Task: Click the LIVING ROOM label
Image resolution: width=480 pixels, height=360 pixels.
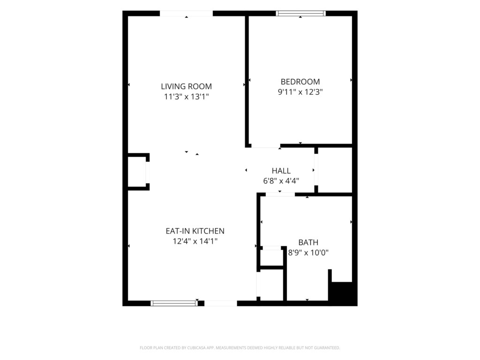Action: (x=186, y=86)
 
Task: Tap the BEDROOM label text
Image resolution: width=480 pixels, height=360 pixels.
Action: (x=300, y=82)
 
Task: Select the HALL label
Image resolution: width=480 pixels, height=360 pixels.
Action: (x=281, y=171)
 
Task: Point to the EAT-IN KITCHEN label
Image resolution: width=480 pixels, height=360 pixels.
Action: (x=195, y=231)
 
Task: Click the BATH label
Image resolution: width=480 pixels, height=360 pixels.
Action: (x=308, y=242)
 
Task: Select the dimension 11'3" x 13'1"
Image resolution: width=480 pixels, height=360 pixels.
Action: (x=186, y=97)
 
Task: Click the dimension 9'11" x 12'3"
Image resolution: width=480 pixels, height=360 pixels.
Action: (x=300, y=92)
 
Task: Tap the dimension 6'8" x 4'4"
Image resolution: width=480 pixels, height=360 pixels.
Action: (x=281, y=181)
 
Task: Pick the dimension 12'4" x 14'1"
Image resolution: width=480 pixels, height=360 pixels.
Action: (x=195, y=241)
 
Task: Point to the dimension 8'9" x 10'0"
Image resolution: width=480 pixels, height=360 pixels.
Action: (x=308, y=253)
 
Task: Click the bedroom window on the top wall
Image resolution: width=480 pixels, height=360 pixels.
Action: (x=300, y=13)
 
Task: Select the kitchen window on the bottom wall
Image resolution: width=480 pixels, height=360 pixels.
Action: (x=174, y=303)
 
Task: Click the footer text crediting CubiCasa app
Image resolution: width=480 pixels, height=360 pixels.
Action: (x=240, y=348)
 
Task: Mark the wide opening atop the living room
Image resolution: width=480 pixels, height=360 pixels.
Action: (x=186, y=14)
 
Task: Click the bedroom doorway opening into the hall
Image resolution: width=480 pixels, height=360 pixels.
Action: (x=266, y=146)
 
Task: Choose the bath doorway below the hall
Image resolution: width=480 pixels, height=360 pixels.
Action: (x=280, y=195)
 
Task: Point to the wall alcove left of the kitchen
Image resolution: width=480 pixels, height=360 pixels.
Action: (x=137, y=172)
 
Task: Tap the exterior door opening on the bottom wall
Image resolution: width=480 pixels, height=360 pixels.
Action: (x=220, y=303)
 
